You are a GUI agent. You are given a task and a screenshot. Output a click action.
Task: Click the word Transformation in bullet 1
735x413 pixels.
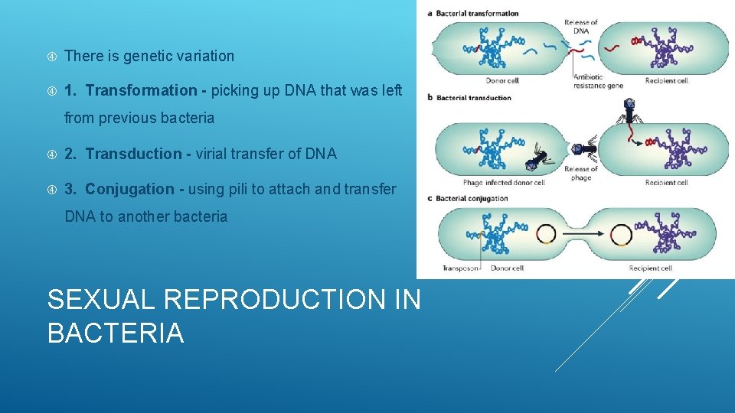point(141,90)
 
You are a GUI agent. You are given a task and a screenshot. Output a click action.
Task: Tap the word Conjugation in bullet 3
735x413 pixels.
point(129,189)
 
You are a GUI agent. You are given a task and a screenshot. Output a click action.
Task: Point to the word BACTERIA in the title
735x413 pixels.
point(116,333)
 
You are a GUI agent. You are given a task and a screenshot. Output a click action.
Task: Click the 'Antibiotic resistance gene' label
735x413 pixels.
point(598,81)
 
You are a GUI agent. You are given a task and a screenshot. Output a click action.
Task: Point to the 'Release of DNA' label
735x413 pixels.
point(580,27)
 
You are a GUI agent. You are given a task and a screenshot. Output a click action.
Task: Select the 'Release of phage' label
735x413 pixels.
point(581,174)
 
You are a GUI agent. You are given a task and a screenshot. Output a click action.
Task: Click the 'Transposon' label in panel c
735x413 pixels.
point(460,268)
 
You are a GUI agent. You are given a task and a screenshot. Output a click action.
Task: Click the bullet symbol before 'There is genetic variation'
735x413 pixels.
point(51,56)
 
